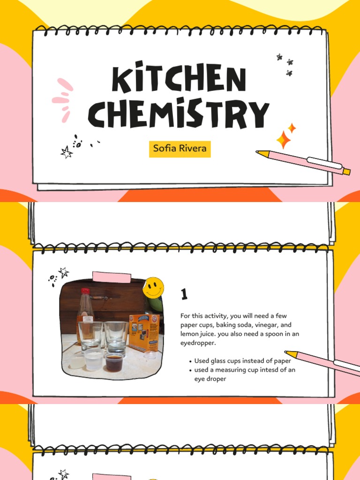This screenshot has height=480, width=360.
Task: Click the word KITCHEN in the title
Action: pyautogui.click(x=179, y=80)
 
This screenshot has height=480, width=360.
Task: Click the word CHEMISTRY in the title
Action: pyautogui.click(x=179, y=114)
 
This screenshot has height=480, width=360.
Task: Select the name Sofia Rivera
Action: pyautogui.click(x=179, y=149)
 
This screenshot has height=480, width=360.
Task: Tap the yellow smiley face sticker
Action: pyautogui.click(x=153, y=287)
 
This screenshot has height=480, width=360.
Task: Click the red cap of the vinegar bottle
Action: pyautogui.click(x=85, y=291)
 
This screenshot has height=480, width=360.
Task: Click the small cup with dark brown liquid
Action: pyautogui.click(x=113, y=361)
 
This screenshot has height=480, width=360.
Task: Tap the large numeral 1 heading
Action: pyautogui.click(x=184, y=294)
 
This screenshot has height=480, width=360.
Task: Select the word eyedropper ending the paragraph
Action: pyautogui.click(x=198, y=343)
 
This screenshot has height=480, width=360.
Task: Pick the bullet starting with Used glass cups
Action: pyautogui.click(x=242, y=361)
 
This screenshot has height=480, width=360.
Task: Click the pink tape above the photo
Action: pyautogui.click(x=112, y=277)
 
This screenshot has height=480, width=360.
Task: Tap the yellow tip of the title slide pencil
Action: pyautogui.click(x=262, y=153)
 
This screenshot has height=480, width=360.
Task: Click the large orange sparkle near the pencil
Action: pyautogui.click(x=283, y=140)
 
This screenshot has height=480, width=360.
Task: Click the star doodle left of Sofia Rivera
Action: pyautogui.click(x=67, y=151)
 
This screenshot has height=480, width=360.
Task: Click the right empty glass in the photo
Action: pyautogui.click(x=116, y=337)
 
